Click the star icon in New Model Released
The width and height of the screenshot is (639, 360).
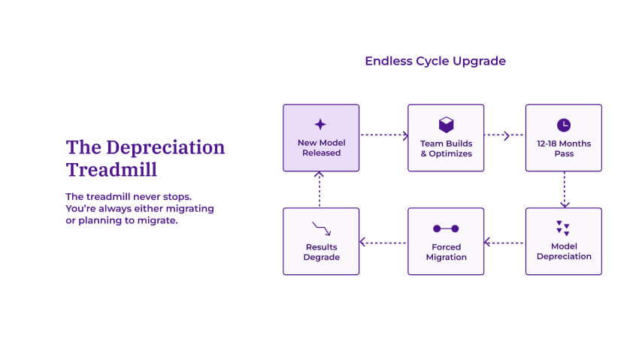click(320, 125)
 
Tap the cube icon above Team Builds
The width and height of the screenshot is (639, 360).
click(446, 125)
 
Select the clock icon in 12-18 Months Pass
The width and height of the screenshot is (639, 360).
click(563, 125)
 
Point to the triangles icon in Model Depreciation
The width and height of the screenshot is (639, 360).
click(563, 228)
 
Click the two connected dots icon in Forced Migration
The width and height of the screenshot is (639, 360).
click(446, 228)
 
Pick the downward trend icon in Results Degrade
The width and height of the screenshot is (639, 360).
click(321, 228)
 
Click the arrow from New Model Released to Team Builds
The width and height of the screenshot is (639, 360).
click(383, 136)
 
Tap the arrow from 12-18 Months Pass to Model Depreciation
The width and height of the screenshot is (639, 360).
click(564, 189)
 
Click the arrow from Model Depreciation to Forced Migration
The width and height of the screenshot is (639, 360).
click(504, 242)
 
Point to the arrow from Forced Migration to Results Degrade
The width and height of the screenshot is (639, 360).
click(383, 242)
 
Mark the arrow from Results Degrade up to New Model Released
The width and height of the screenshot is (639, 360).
click(319, 189)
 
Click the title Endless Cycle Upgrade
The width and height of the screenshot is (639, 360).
click(435, 61)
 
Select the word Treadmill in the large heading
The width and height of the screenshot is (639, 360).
click(111, 169)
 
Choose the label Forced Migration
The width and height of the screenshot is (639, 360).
click(446, 252)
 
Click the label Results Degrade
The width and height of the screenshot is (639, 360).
click(321, 252)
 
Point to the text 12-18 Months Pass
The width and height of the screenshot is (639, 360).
click(564, 148)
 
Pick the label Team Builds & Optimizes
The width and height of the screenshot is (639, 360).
click(446, 148)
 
